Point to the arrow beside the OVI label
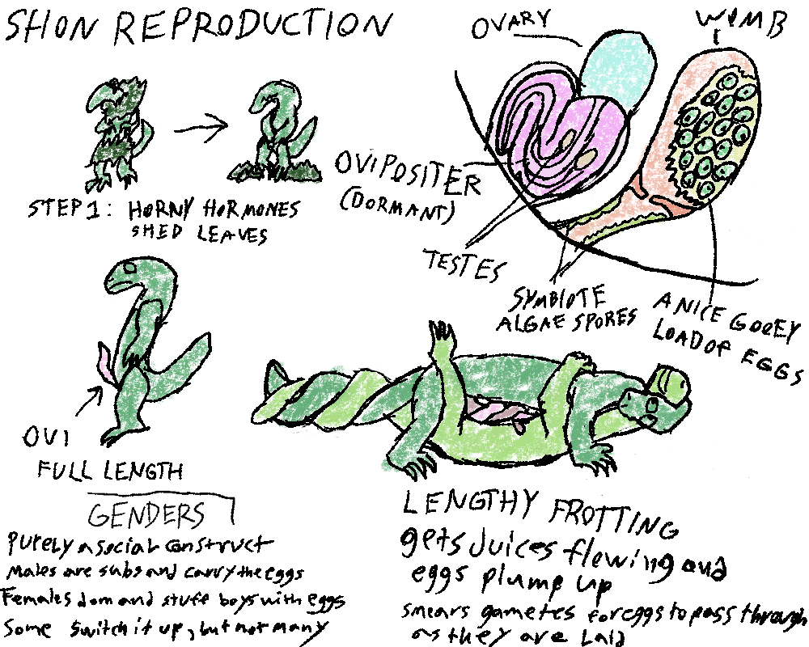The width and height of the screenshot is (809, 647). coord(91,395)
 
